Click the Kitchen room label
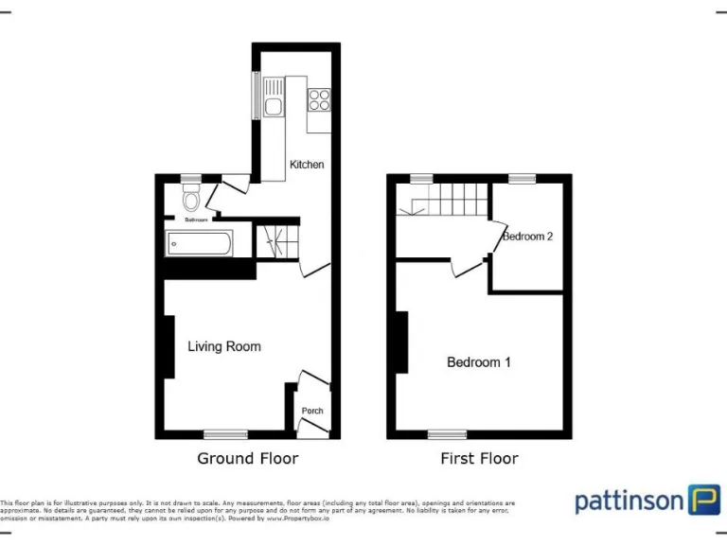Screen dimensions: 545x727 307,165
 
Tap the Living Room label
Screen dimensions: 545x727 224,346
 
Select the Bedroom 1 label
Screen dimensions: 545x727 479,361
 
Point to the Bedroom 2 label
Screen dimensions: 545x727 527,237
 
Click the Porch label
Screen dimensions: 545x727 312,411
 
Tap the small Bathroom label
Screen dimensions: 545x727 196,220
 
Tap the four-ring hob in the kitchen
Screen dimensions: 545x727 319,98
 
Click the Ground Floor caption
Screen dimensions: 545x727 247,459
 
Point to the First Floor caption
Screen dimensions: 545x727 479,459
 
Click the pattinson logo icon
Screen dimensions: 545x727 703,499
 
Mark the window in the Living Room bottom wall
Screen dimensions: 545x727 225,434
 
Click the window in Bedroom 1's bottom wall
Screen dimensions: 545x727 447,434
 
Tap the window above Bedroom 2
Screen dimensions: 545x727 522,178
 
